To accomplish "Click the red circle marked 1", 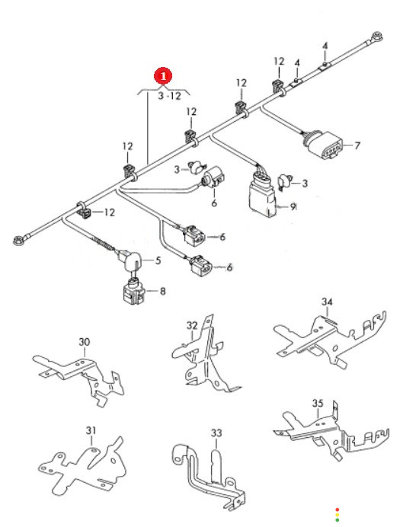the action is [x=163, y=76].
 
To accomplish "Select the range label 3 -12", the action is [x=169, y=96].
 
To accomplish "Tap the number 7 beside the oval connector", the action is [x=357, y=145].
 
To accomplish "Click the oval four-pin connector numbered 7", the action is [x=325, y=144].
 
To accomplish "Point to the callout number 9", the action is [x=293, y=206].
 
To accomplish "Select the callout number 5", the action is [x=158, y=260].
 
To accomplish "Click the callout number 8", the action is [x=163, y=291].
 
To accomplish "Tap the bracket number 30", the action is [x=85, y=342].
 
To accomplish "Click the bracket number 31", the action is [x=91, y=430].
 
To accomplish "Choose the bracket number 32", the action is [x=192, y=325].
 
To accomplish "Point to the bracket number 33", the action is [x=216, y=433].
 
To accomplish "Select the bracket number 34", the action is [x=327, y=302].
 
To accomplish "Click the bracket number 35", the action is [x=318, y=403].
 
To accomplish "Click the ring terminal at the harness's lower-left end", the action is [x=18, y=241].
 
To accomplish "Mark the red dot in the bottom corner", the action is [x=337, y=509].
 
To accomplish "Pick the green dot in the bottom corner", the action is [x=337, y=520].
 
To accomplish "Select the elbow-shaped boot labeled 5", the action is [x=130, y=260].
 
